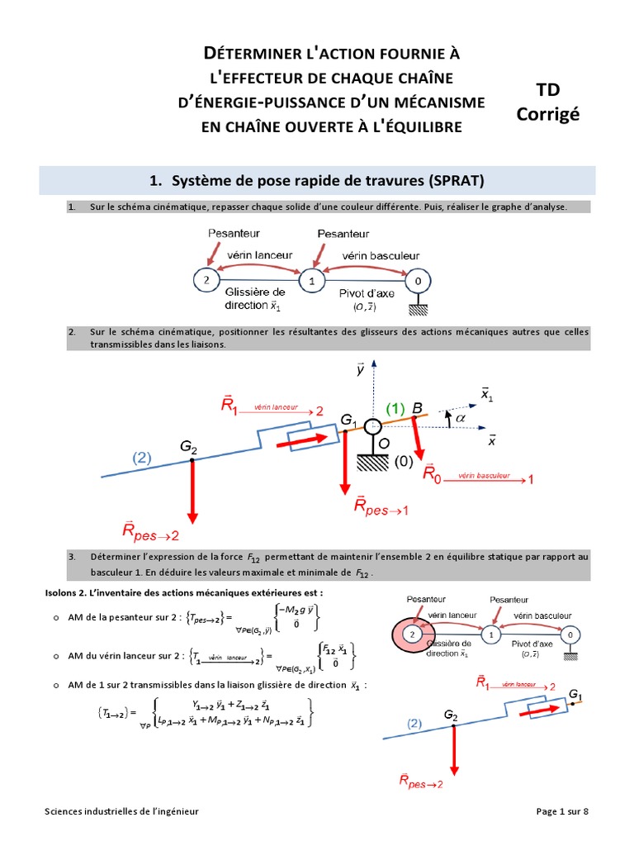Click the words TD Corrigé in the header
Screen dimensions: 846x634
tap(547, 102)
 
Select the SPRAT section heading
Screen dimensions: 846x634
tap(318, 181)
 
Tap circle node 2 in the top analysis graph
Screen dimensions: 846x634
tap(205, 281)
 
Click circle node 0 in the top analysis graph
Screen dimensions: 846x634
tap(419, 281)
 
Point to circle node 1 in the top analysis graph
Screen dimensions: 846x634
tap(312, 281)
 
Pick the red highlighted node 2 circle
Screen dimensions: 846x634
tap(410, 634)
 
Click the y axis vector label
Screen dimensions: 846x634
tap(361, 370)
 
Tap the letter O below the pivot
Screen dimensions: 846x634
tap(383, 444)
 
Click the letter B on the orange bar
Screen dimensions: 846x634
tap(418, 408)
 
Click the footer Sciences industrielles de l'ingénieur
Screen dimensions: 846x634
tap(122, 811)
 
